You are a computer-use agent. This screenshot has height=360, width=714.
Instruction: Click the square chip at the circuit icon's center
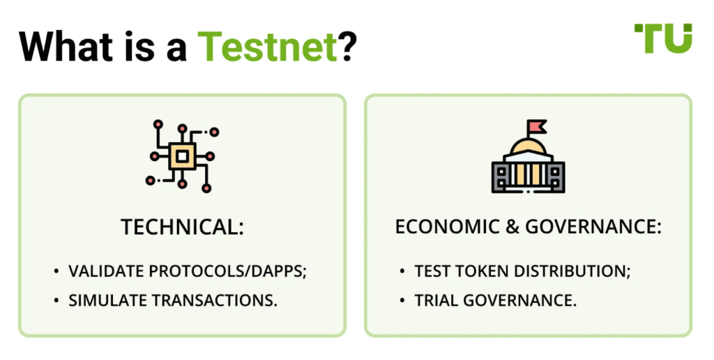pos(181,156)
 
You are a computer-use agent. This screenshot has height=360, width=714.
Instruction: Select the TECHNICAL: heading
pos(182,227)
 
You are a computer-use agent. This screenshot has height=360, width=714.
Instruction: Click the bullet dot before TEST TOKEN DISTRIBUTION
pos(403,271)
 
